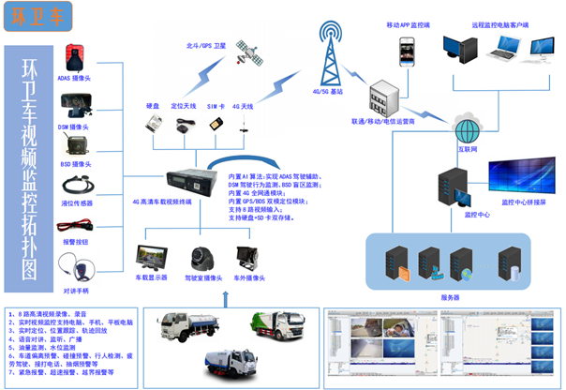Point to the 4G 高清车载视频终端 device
pyautogui.click(x=192, y=179)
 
